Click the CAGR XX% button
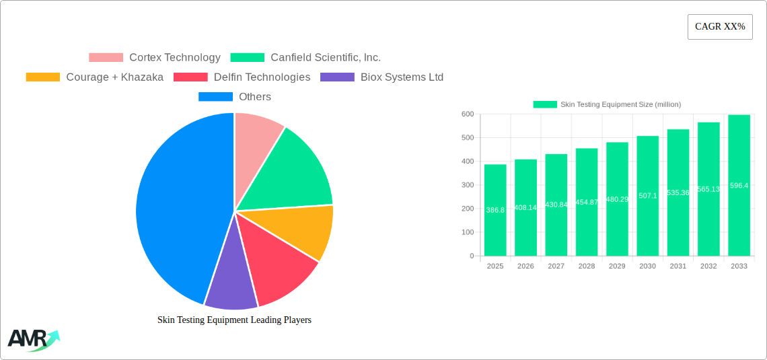(x=719, y=27)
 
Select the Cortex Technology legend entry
(x=155, y=58)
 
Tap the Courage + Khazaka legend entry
(x=95, y=77)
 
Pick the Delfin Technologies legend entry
(x=242, y=77)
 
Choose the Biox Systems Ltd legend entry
(x=382, y=77)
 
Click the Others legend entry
(x=235, y=97)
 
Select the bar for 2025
(x=495, y=210)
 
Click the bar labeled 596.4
(x=739, y=185)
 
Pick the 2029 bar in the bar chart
(x=617, y=199)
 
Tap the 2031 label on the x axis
(x=678, y=266)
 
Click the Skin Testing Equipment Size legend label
(x=620, y=104)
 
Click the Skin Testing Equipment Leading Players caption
(x=234, y=320)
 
